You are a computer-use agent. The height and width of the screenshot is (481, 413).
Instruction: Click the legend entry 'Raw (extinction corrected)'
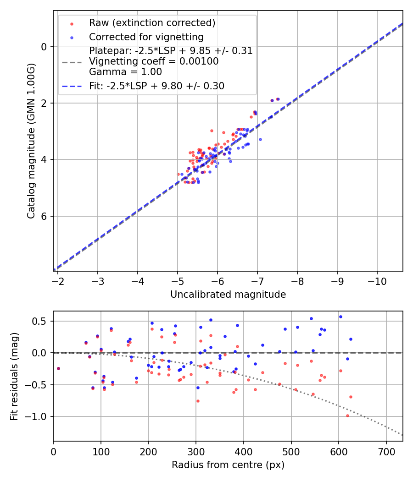152,23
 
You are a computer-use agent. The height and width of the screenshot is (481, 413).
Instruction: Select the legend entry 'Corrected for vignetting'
146,37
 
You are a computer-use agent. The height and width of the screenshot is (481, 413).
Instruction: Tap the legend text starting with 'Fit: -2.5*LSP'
156,86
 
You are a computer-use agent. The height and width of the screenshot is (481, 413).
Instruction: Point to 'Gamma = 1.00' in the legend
125,71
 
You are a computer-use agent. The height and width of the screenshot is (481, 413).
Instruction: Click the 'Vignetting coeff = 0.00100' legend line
154,61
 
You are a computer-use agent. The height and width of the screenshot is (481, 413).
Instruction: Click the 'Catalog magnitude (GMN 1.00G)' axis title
31,140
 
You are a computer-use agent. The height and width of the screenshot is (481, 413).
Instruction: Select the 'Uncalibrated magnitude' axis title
228,295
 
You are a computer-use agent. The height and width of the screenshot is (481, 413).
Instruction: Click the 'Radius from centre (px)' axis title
228,465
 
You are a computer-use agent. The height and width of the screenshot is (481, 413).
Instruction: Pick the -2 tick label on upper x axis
58,280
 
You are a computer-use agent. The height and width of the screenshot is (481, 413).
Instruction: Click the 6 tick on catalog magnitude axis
44,216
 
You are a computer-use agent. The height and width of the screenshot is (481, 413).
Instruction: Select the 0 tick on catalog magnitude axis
44,47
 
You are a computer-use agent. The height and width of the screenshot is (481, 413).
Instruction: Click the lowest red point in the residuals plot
347,415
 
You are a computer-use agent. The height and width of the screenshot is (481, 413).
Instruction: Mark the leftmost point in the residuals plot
58,368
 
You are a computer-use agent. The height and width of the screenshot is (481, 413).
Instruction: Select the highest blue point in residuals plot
340,317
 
